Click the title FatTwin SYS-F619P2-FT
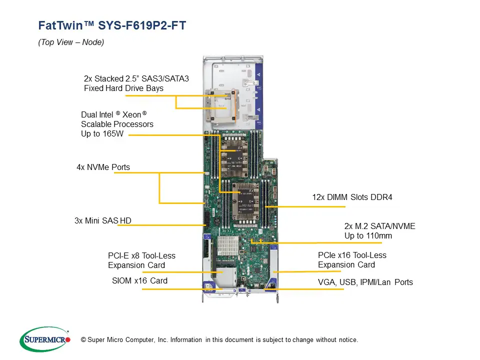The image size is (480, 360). pos(112,25)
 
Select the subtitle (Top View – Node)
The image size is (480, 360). pos(71,42)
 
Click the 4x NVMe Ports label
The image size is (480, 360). pos(103,167)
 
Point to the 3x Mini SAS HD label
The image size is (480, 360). pos(103,220)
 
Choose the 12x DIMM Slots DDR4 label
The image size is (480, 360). pos(352,197)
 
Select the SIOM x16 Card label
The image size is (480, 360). pos(139,280)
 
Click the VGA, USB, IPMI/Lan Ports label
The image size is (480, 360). pos(365,282)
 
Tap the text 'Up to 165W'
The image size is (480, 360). pos(102,133)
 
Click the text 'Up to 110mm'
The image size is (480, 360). pos(368,235)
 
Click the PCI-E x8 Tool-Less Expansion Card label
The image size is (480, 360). pos(141,260)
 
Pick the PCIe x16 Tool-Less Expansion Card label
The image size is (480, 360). pos(352,260)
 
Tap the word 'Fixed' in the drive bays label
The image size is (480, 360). pos(93,88)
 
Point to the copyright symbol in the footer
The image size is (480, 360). pos(83,340)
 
